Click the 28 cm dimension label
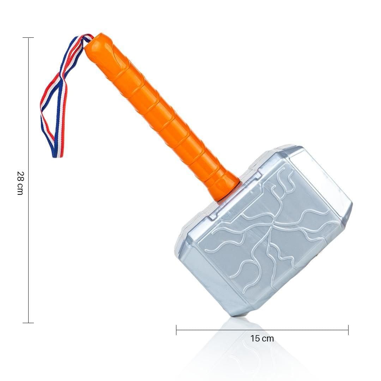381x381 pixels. point(20,183)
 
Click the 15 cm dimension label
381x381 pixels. point(262,338)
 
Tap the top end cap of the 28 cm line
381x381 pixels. point(28,38)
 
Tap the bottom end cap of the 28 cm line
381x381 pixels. point(28,323)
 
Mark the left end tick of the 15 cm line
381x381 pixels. point(176,330)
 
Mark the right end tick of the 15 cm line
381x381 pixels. point(348,330)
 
